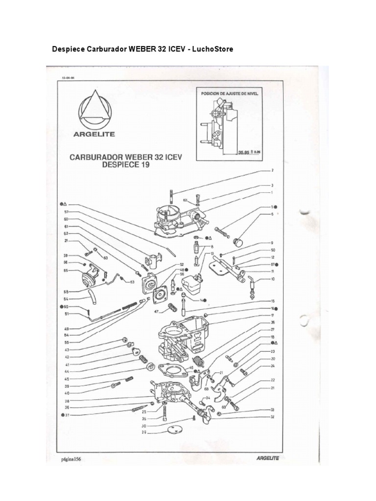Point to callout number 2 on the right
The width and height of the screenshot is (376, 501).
point(272,171)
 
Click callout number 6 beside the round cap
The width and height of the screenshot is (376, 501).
point(272,214)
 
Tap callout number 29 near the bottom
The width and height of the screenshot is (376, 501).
point(144,433)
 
